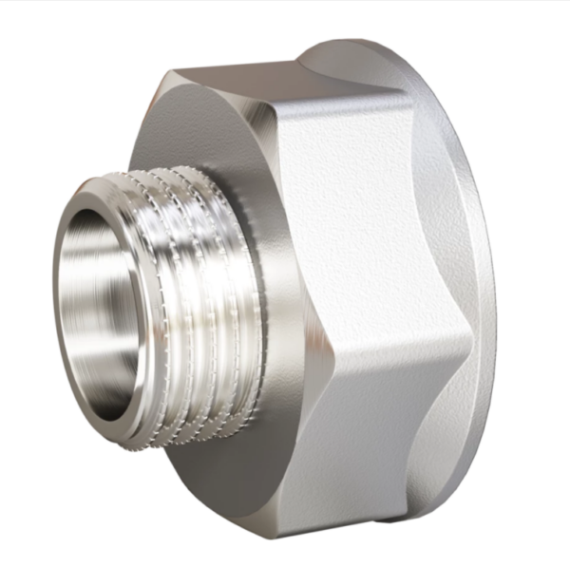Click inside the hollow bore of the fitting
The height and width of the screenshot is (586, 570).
95,304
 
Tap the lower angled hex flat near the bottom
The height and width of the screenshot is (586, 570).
380,456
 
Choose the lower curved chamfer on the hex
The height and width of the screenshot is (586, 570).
451,437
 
